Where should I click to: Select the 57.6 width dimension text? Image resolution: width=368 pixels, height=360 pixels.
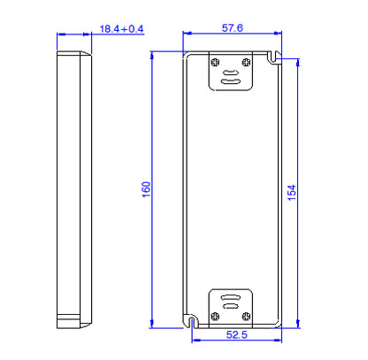click(x=233, y=29)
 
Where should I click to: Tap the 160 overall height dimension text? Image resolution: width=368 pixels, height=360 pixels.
click(x=147, y=190)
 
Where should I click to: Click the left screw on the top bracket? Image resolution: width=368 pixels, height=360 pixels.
click(x=216, y=61)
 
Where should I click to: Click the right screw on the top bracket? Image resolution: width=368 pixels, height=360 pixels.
click(x=248, y=61)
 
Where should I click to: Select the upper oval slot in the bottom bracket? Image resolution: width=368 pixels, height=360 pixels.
click(x=231, y=297)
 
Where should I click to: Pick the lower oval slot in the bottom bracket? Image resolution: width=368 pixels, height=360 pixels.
click(x=231, y=308)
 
